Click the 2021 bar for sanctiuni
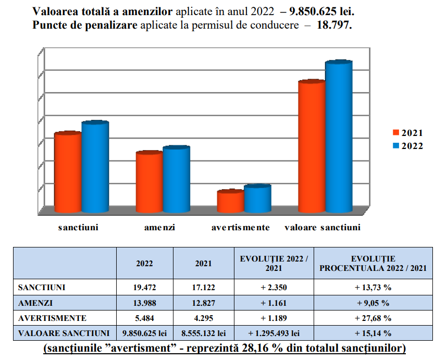point(68,173)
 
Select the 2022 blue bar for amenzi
point(177,180)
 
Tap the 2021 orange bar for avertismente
point(230,202)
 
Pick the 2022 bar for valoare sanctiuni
point(339,138)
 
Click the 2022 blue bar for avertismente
point(257,200)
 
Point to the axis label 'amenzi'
point(159,228)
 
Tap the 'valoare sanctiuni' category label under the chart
point(322,228)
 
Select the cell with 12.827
point(203,303)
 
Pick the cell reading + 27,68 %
point(374,318)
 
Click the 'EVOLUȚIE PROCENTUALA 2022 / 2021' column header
point(374,263)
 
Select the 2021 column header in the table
point(203,264)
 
